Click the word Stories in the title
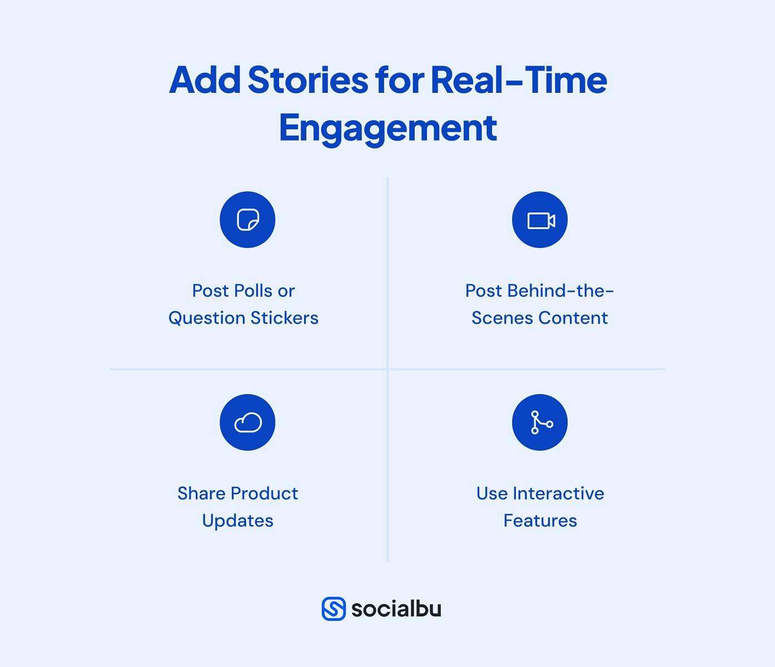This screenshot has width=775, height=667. (307, 80)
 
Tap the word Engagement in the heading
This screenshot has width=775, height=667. (387, 128)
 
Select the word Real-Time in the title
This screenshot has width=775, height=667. (518, 80)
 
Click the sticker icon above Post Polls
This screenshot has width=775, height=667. (247, 220)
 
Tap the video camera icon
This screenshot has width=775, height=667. (540, 220)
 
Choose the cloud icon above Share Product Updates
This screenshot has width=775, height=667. (247, 422)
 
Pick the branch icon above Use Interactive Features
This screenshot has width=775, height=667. (540, 422)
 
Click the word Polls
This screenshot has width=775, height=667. (253, 291)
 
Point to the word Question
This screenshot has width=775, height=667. (207, 318)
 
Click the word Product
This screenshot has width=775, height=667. (264, 494)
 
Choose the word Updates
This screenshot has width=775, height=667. (237, 521)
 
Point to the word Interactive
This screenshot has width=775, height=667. (558, 494)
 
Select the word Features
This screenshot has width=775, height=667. (540, 521)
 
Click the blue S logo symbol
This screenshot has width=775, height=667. (334, 609)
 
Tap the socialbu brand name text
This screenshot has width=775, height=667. (396, 609)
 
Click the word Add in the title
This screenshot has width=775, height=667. (205, 80)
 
